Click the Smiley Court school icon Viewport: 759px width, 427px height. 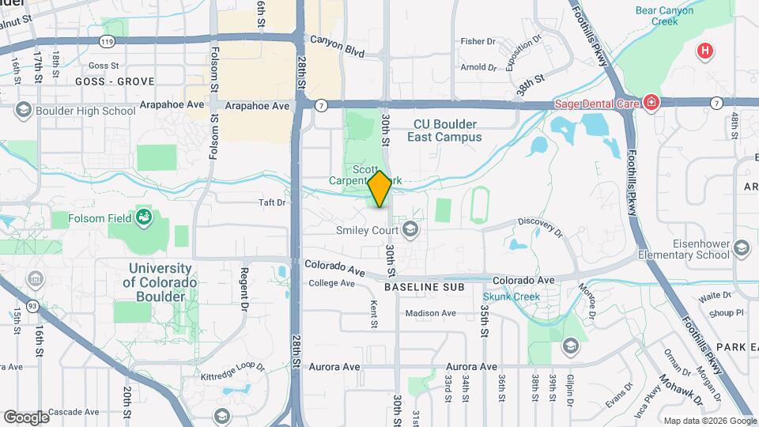coord(410,230)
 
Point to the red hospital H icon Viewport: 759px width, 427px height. coord(704,52)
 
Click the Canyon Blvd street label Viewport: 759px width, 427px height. coord(337,39)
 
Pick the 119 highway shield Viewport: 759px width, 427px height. coord(108,40)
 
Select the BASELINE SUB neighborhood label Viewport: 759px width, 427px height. coord(424,287)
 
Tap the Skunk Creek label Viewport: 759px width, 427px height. coord(512,297)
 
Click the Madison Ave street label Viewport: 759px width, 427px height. coord(430,313)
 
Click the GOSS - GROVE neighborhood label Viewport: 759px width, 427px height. coord(113,81)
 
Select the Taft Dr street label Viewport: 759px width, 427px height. coord(272,202)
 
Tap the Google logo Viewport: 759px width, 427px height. coord(26,417)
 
